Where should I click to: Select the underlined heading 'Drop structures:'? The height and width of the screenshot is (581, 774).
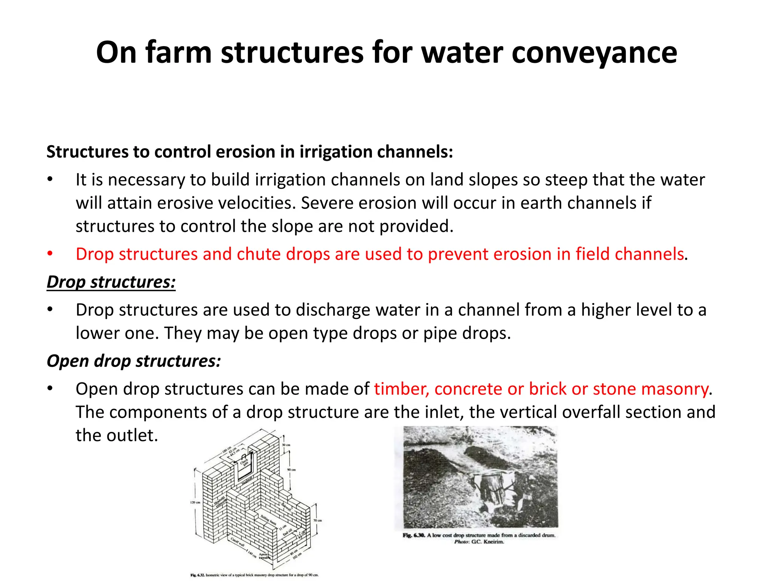pyautogui.click(x=111, y=282)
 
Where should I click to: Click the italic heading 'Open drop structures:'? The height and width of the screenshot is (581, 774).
pyautogui.click(x=134, y=361)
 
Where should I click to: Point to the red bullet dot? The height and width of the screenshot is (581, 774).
pyautogui.click(x=50, y=254)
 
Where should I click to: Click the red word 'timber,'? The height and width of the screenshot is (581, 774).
pyautogui.click(x=402, y=389)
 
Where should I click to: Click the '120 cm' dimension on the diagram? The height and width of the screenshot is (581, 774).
pyautogui.click(x=195, y=502)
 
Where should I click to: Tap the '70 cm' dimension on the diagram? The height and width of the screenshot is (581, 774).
pyautogui.click(x=317, y=520)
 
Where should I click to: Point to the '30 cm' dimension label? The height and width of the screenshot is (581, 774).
pyautogui.click(x=286, y=445)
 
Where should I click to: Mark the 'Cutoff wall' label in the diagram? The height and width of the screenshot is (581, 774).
pyautogui.click(x=238, y=542)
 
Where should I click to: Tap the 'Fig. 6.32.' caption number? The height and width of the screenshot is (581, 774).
pyautogui.click(x=198, y=575)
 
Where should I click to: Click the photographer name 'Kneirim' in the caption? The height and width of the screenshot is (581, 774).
pyautogui.click(x=494, y=542)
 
